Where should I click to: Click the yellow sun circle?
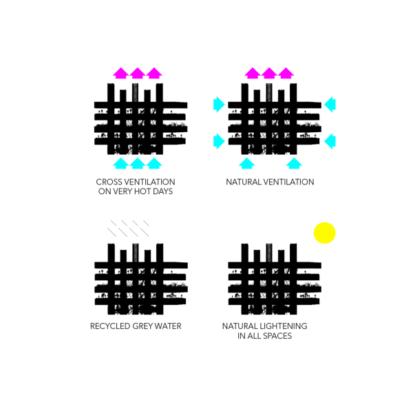pyautogui.click(x=325, y=233)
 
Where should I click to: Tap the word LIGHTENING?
pyautogui.click(x=284, y=326)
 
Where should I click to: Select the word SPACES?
pyautogui.click(x=278, y=336)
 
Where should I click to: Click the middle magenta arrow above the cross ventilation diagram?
pyautogui.click(x=138, y=73)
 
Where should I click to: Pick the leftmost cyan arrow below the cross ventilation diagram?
pyautogui.click(x=120, y=163)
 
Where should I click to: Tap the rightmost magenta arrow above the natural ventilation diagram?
pyautogui.click(x=286, y=73)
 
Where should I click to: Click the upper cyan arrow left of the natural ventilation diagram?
pyautogui.click(x=219, y=105)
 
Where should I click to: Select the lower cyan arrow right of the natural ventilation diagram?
pyautogui.click(x=330, y=141)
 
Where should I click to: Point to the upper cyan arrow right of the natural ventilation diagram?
pyautogui.click(x=330, y=105)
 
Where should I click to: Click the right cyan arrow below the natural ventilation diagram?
pyautogui.click(x=294, y=163)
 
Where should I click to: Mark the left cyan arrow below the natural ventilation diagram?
pyautogui.click(x=246, y=163)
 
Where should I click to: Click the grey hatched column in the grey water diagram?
pyautogui.click(x=136, y=253)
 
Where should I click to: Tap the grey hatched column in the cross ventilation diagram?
pyautogui.click(x=136, y=92)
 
